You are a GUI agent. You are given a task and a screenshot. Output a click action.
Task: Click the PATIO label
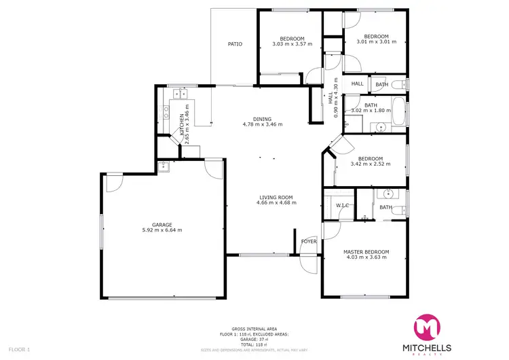235,44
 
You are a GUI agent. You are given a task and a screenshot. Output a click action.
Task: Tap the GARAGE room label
162,224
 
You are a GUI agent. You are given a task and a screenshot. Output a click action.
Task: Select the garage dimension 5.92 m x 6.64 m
162,230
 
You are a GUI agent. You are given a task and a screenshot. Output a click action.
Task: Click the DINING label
263,118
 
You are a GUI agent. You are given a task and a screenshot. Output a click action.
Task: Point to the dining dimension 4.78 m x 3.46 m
263,124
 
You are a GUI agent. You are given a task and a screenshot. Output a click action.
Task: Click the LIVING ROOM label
276,197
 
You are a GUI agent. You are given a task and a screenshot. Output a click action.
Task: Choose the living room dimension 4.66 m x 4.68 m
276,203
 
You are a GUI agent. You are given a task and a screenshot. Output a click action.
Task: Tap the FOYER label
309,240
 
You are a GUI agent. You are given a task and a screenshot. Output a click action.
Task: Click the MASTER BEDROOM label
366,251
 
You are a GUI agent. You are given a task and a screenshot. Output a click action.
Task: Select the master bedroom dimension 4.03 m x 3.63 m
366,257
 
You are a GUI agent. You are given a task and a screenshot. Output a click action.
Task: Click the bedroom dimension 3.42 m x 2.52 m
371,164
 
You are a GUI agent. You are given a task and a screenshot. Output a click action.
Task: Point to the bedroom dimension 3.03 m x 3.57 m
292,44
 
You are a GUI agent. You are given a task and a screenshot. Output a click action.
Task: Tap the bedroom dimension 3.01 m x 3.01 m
376,41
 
